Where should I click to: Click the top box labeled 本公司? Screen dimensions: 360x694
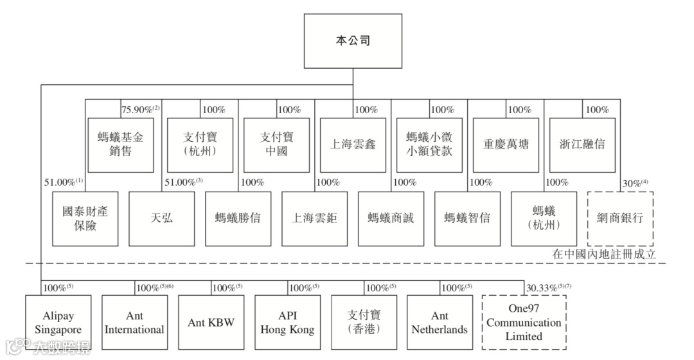click(353, 40)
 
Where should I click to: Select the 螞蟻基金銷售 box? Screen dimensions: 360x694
click(120, 145)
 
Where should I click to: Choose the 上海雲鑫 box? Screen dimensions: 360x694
click(353, 145)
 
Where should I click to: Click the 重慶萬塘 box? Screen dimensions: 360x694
click(506, 145)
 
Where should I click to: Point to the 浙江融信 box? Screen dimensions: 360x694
click(583, 145)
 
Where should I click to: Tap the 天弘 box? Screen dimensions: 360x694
click(161, 218)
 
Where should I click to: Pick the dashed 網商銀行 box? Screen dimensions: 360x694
click(621, 218)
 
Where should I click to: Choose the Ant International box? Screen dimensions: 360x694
click(134, 323)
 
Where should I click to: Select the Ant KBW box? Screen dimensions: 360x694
click(211, 323)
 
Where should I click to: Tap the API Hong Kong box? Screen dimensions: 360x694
click(287, 323)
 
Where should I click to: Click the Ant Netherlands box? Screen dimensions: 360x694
click(440, 323)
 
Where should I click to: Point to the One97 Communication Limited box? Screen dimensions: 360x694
click(524, 321)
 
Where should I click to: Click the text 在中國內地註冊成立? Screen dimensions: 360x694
click(604, 254)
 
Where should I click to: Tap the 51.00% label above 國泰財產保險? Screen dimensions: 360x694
click(61, 183)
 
